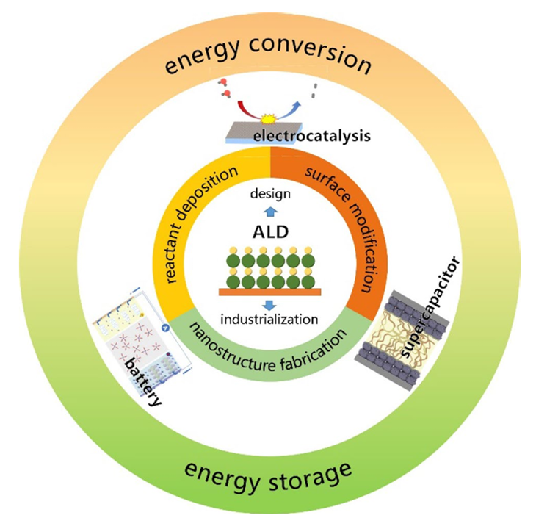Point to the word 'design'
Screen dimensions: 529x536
click(269, 193)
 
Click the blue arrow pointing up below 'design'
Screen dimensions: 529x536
click(269, 212)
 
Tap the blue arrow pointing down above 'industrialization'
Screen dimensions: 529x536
click(269, 303)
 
